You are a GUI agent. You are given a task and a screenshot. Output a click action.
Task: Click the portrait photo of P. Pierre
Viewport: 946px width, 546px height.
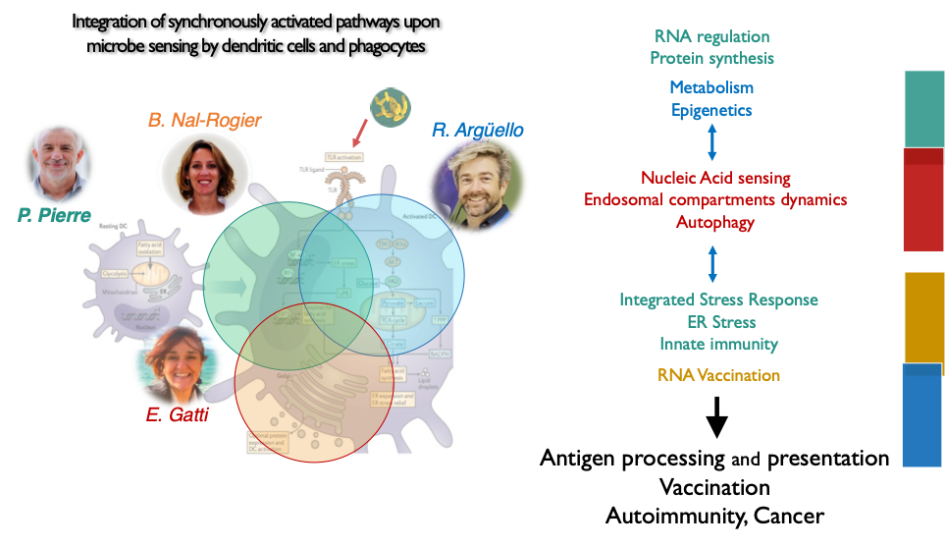tap(58, 161)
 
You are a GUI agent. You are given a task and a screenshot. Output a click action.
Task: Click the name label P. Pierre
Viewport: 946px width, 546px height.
tap(55, 214)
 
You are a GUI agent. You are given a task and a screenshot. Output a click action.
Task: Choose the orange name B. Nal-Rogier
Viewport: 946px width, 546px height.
tap(204, 120)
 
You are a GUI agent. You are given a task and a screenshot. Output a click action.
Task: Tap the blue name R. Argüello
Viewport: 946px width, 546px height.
tap(477, 130)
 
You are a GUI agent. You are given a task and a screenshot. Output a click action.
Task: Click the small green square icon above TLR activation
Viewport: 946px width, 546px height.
tap(390, 106)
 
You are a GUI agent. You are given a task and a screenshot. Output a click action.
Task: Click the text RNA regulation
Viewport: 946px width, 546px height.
tap(711, 36)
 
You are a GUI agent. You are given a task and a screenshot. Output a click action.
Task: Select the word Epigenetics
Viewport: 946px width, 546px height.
tap(711, 110)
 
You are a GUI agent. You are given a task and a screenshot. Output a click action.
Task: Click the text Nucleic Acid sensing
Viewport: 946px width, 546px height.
tap(715, 178)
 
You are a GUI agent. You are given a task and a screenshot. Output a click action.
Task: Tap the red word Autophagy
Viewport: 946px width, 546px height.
tap(715, 222)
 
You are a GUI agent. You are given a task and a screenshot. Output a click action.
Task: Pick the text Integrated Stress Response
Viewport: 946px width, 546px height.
tap(718, 299)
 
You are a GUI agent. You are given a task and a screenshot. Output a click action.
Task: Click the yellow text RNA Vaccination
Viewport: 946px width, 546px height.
tap(718, 375)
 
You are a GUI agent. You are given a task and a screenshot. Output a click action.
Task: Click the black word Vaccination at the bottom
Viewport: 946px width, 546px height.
tap(714, 487)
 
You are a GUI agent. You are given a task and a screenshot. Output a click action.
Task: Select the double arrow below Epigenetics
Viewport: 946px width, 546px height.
tap(712, 142)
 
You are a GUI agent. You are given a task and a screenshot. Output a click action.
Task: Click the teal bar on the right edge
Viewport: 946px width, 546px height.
tap(923, 108)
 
